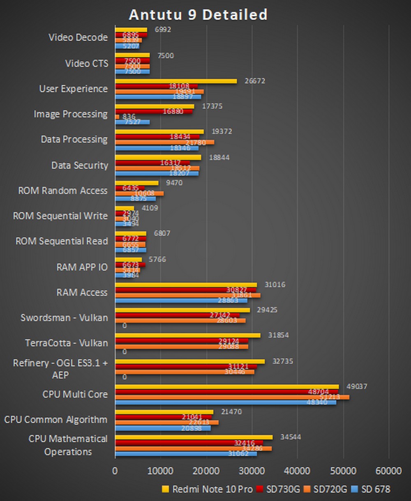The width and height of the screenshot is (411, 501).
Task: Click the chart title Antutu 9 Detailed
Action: coord(198,15)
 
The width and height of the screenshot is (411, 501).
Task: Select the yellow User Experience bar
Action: coord(176,81)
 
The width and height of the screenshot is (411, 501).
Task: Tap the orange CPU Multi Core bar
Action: coord(232,397)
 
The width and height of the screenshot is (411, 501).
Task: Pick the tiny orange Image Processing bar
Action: coord(117,117)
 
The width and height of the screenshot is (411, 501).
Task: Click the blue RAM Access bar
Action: coord(181,301)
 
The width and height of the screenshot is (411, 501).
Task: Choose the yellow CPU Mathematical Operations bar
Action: coord(194,437)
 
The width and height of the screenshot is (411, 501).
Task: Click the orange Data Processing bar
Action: coord(164,142)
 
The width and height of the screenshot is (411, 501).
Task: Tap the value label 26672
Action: coord(255,81)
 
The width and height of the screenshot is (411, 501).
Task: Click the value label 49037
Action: coord(357,386)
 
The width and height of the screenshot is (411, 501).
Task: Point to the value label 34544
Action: coord(290,437)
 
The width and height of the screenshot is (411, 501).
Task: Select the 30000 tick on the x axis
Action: coord(252,471)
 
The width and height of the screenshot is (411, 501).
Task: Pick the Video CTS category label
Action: coord(86,63)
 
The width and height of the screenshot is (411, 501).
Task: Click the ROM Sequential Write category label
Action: coord(60,216)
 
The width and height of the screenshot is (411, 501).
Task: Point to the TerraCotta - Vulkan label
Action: coord(66,342)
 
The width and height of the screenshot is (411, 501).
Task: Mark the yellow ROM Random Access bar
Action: coord(136,183)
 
